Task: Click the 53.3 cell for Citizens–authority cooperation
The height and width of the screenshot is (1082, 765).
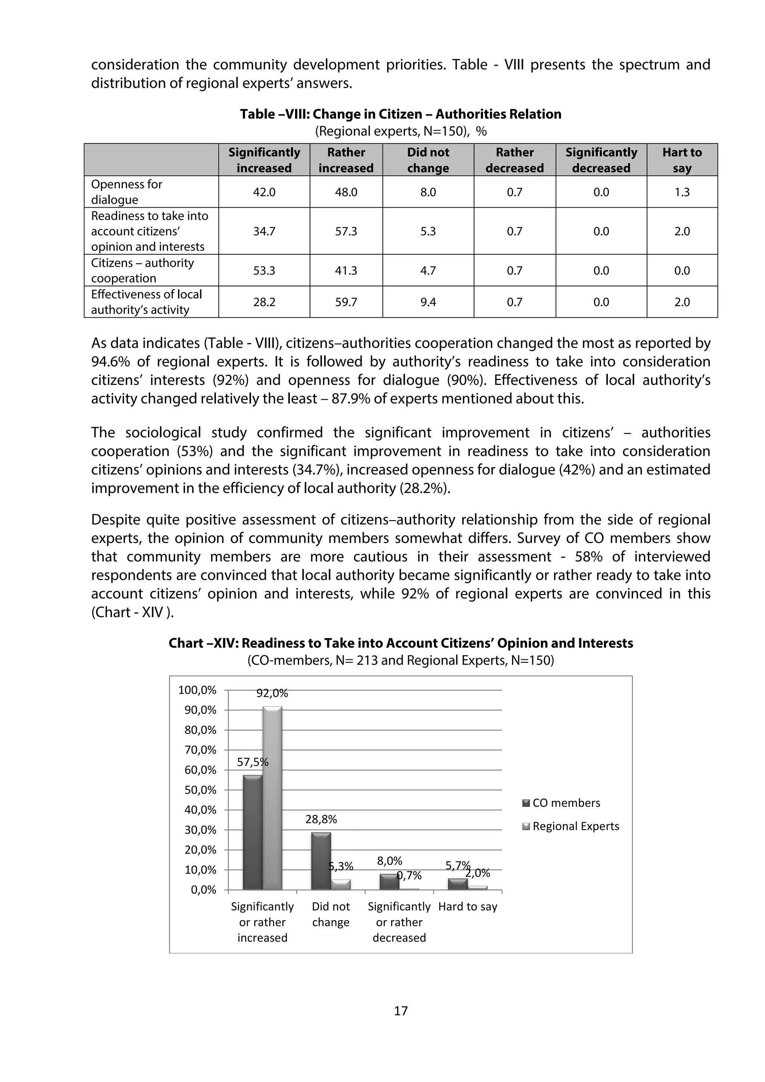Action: pos(264,270)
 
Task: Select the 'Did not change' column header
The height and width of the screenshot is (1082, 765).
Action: pos(428,160)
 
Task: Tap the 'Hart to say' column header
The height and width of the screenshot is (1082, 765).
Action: pos(682,160)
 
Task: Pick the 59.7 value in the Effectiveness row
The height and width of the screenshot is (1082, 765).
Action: pos(346,302)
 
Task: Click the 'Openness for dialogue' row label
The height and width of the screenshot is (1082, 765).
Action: pos(126,192)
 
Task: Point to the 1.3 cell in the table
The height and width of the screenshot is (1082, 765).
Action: pos(682,192)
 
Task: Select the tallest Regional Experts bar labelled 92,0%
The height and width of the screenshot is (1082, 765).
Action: pos(272,798)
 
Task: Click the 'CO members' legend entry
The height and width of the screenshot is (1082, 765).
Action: pos(566,803)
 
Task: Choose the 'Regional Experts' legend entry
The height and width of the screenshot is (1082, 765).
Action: pos(575,826)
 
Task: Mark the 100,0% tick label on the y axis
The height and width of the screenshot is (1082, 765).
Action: pos(197,690)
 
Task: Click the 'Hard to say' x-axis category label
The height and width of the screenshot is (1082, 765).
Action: pos(468,907)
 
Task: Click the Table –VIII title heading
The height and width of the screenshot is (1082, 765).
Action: pos(401,114)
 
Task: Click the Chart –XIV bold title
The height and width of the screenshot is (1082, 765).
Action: pos(401,643)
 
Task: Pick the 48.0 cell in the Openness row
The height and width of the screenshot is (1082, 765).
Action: pos(346,192)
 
